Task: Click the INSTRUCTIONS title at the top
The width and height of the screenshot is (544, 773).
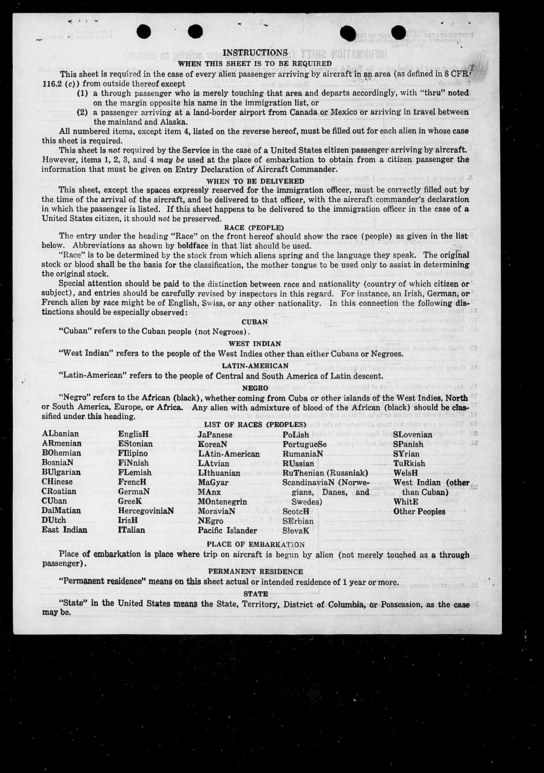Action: click(255, 53)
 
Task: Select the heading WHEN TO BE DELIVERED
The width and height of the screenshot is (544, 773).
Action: click(255, 181)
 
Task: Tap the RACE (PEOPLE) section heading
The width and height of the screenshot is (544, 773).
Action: click(254, 228)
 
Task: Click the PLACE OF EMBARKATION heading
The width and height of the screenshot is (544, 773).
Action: click(255, 544)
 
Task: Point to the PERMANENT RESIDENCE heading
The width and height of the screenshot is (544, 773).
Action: click(255, 572)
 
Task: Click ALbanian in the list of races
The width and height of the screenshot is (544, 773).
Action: click(60, 434)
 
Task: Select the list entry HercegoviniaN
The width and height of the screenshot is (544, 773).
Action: click(146, 511)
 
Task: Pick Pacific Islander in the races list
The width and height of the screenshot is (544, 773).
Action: click(227, 530)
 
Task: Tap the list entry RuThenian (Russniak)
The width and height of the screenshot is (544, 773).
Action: click(325, 473)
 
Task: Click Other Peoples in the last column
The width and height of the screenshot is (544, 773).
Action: click(419, 511)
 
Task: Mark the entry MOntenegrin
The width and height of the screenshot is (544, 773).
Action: click(222, 502)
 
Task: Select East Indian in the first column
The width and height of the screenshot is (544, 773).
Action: click(64, 530)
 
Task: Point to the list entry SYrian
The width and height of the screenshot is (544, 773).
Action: click(406, 454)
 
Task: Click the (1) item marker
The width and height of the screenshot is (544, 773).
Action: click(82, 93)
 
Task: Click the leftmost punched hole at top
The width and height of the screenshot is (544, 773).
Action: click(144, 32)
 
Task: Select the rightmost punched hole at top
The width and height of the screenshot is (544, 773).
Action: click(398, 32)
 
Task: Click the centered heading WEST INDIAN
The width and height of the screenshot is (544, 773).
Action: click(255, 344)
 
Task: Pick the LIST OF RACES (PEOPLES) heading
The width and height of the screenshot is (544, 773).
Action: click(255, 425)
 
